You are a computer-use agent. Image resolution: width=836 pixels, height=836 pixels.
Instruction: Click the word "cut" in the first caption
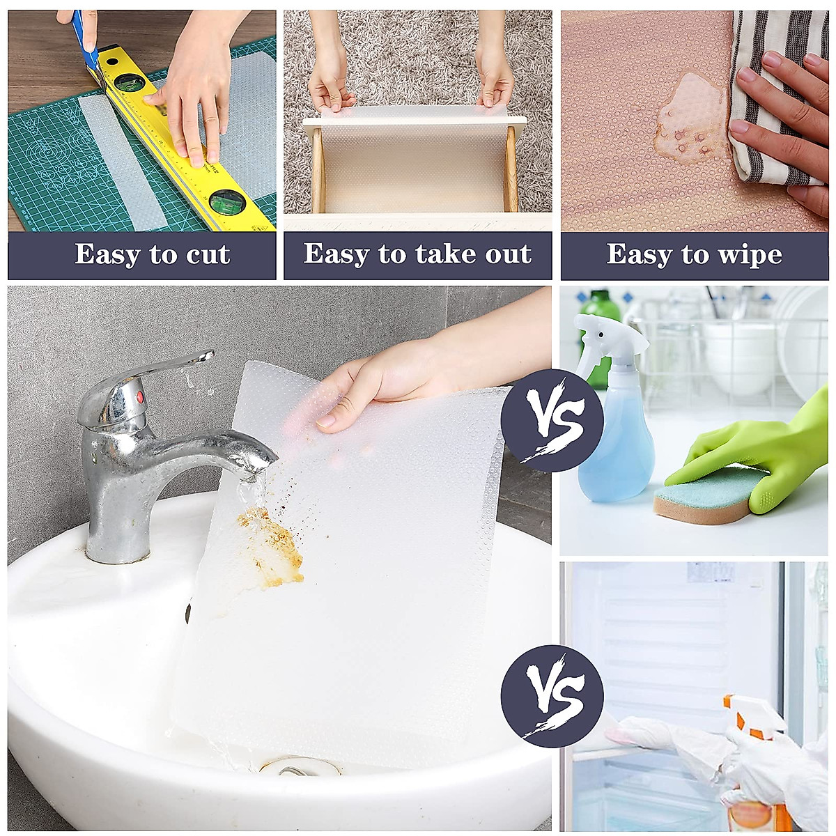(208, 255)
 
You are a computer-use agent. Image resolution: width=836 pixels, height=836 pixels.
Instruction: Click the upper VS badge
(552, 421)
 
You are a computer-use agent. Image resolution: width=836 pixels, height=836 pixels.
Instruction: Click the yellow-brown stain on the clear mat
(272, 547)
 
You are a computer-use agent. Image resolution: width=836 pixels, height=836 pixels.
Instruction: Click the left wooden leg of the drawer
(318, 171)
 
